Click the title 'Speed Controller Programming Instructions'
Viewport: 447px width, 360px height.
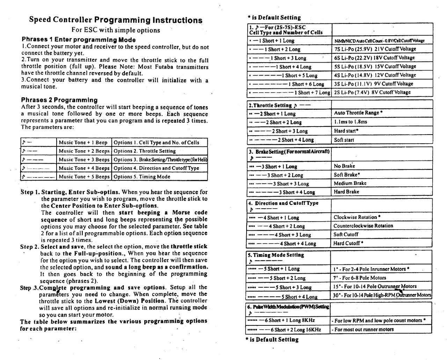[116, 20]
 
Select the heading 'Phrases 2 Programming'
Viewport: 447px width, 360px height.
[59, 100]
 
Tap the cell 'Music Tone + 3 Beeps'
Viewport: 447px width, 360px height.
[84, 159]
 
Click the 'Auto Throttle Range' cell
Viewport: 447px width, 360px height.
[358, 113]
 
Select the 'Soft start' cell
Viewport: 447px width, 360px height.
[344, 140]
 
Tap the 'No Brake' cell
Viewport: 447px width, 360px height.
[344, 166]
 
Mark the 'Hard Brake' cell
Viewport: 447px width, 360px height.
[346, 192]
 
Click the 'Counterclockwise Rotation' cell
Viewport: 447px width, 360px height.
[363, 226]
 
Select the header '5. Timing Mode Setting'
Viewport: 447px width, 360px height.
[276, 255]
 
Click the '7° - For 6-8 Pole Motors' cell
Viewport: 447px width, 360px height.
[360, 278]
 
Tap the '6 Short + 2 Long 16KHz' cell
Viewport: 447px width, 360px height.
[287, 330]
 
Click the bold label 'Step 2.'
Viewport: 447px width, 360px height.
[29, 247]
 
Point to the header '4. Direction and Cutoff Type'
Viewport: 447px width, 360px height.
[283, 203]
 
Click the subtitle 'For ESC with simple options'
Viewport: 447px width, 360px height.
[116, 30]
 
